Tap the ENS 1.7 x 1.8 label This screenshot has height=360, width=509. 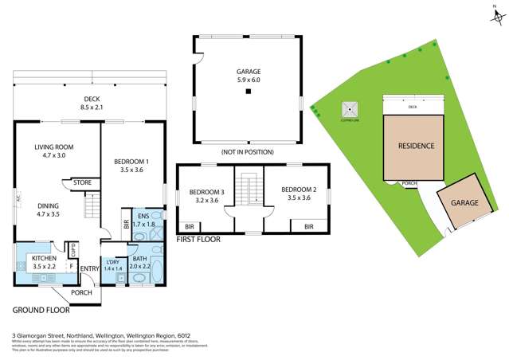143,220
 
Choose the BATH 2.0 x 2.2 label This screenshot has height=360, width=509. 139,263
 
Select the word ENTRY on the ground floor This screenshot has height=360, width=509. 89,268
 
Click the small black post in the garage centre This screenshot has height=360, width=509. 249,92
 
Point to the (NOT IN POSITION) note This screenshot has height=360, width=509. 248,151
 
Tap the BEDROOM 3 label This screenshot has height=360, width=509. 205,196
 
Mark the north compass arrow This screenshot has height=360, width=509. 495,14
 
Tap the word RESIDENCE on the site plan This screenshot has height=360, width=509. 416,146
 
